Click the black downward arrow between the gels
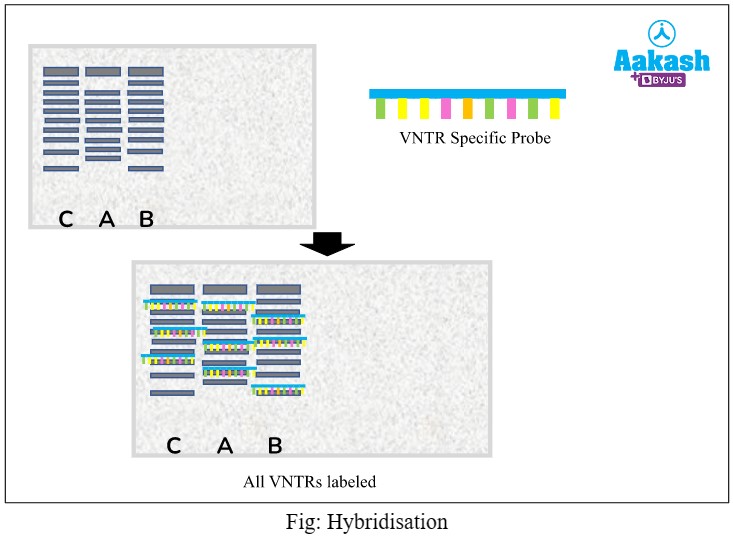pyautogui.click(x=327, y=243)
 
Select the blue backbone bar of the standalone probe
pyautogui.click(x=467, y=93)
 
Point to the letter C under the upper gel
pyautogui.click(x=66, y=219)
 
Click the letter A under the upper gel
pyautogui.click(x=107, y=219)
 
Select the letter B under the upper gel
pyautogui.click(x=146, y=219)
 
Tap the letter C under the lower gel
pyautogui.click(x=174, y=446)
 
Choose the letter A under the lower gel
pyautogui.click(x=225, y=446)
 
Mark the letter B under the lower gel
pyautogui.click(x=275, y=446)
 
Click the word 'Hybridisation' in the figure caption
pyautogui.click(x=395, y=522)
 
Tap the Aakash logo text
pyautogui.click(x=661, y=61)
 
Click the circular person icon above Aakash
pyautogui.click(x=661, y=31)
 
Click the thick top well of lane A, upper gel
pyautogui.click(x=103, y=72)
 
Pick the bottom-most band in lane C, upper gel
pyautogui.click(x=61, y=169)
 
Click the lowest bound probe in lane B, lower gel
pyautogui.click(x=279, y=388)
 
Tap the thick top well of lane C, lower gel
pyautogui.click(x=172, y=289)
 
